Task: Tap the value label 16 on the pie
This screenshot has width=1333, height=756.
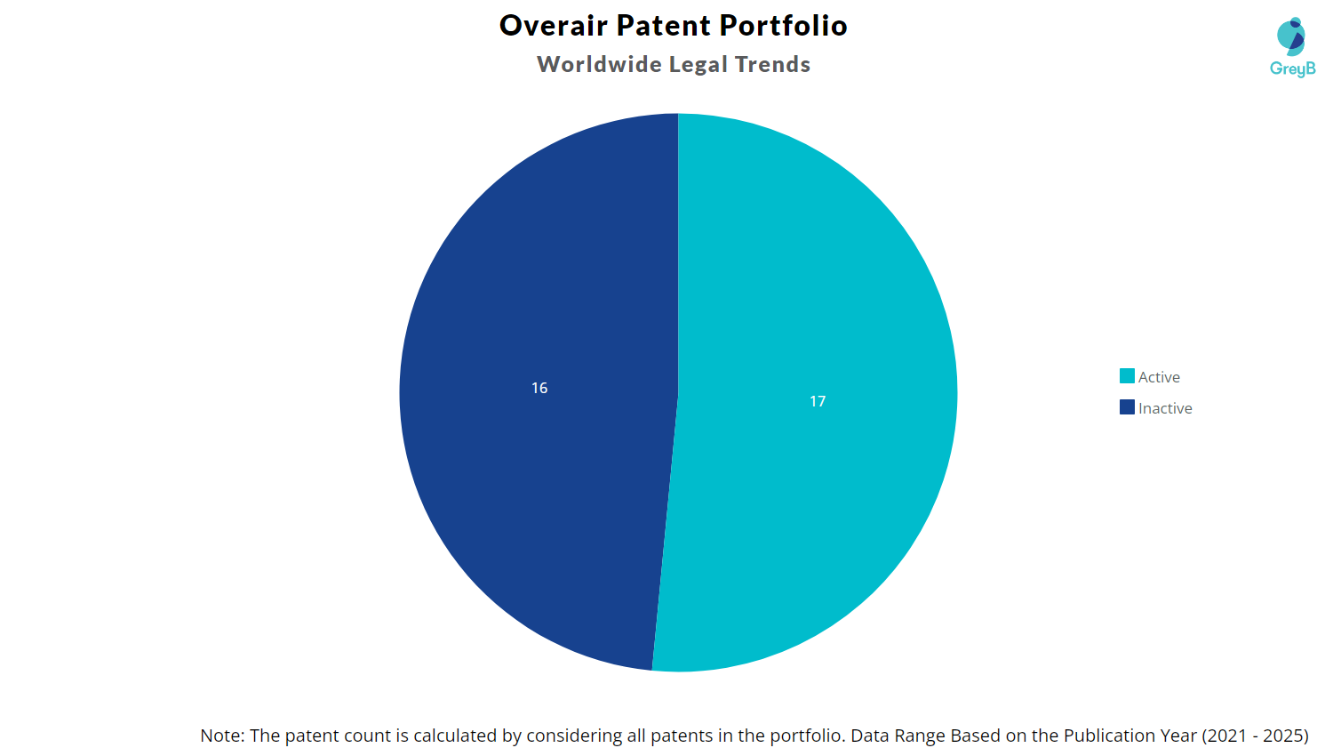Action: [539, 388]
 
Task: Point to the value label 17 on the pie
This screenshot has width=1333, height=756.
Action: [818, 401]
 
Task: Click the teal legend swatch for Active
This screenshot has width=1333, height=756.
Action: [1127, 376]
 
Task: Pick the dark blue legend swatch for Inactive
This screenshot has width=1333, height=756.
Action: [1127, 407]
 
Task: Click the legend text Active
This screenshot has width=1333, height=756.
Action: [1159, 377]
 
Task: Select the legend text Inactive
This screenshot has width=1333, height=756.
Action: [1165, 408]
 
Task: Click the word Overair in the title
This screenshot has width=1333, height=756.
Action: [553, 26]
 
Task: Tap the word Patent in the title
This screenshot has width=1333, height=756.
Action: [664, 26]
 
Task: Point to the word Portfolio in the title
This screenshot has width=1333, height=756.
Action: [783, 26]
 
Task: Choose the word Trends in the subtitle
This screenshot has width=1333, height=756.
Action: [772, 65]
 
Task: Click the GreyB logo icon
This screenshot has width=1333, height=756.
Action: [1291, 36]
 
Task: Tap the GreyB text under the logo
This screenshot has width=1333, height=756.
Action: [1292, 68]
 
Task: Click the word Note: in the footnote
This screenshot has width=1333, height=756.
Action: [222, 736]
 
